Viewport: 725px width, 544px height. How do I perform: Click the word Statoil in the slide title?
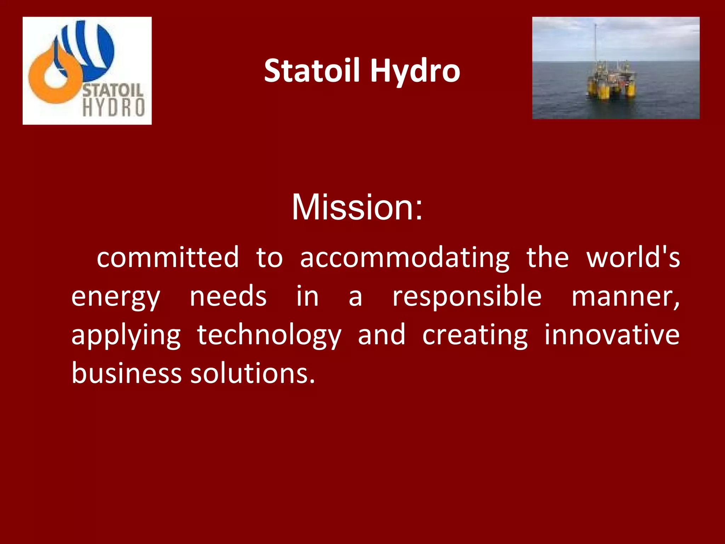point(312,71)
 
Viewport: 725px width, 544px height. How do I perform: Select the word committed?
point(168,257)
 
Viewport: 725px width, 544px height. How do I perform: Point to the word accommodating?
point(405,257)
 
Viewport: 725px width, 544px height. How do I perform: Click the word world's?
point(633,257)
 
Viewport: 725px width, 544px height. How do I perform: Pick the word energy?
point(116,297)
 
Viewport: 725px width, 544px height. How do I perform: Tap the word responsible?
point(467,297)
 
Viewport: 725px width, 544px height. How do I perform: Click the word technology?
point(269,335)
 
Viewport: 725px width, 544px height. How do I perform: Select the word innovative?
point(612,335)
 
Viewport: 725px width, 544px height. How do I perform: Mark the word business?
point(126,373)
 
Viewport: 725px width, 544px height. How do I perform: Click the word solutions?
point(252,373)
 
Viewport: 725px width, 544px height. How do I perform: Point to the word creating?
point(475,335)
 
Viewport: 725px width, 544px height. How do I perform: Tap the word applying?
point(126,335)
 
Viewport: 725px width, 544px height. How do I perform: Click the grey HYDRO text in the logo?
point(113,108)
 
